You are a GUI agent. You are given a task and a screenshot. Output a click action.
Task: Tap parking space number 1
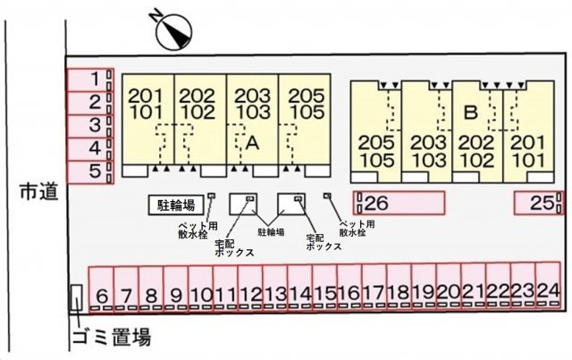click(90, 80)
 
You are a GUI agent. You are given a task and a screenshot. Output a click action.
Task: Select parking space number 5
click(90, 172)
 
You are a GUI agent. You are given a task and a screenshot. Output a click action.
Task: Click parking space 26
click(400, 203)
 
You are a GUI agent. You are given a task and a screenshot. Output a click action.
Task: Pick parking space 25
click(539, 203)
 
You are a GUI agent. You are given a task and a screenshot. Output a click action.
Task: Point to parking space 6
click(101, 289)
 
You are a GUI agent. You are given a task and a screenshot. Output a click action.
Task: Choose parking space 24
click(548, 286)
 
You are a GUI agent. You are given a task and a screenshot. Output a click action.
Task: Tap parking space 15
click(324, 288)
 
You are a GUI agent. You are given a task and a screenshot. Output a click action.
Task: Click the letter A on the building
click(252, 143)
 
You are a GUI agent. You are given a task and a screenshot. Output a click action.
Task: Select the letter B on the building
click(470, 113)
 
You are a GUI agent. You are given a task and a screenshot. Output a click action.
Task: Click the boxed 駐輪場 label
click(176, 205)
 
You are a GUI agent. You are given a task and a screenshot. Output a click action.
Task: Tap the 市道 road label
click(39, 192)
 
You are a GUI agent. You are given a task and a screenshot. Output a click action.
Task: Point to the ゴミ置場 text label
click(112, 337)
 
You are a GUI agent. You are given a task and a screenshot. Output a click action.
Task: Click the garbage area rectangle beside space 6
click(76, 297)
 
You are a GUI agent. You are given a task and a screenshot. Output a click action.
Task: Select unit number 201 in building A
click(146, 96)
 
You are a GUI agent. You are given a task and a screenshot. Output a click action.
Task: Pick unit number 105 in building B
click(376, 161)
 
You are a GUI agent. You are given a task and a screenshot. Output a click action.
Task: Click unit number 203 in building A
click(252, 96)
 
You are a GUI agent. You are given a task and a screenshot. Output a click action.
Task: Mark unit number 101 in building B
click(528, 161)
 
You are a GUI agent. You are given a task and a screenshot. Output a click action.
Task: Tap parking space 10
click(200, 289)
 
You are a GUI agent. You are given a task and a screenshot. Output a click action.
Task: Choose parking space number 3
click(90, 126)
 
